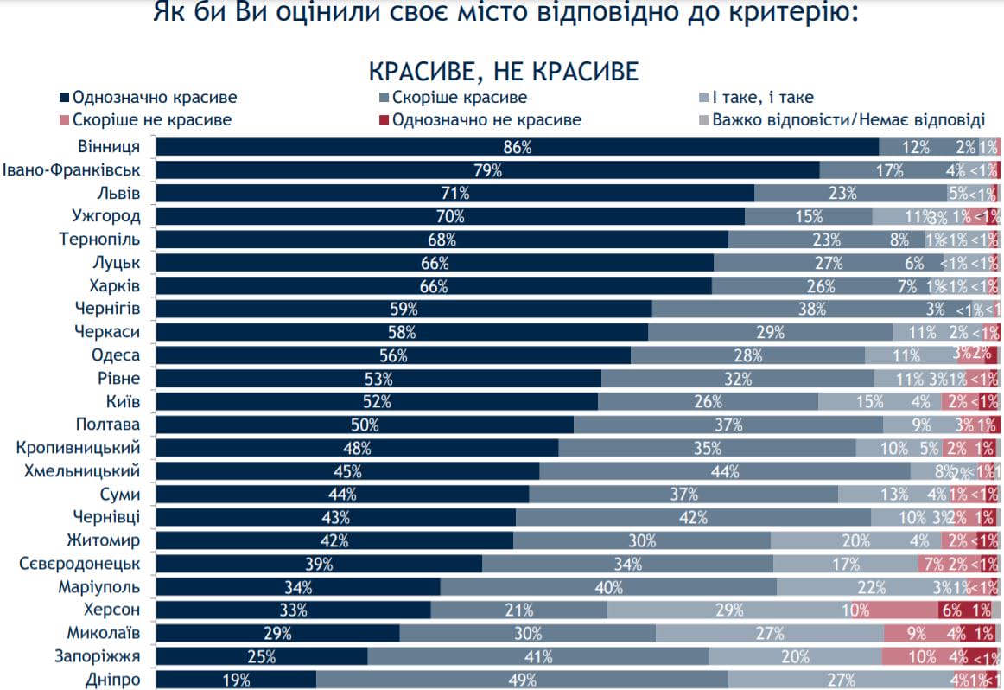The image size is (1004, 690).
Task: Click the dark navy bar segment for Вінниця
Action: (x=517, y=147)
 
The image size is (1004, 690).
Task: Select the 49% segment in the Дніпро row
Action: (x=522, y=680)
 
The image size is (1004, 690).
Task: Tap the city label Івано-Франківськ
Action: (x=72, y=170)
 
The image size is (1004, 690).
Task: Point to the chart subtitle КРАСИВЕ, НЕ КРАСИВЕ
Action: (x=504, y=70)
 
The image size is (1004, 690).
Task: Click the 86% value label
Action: (x=517, y=147)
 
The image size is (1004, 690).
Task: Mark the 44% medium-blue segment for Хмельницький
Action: (x=724, y=471)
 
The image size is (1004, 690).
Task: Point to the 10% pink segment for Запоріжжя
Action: (x=921, y=656)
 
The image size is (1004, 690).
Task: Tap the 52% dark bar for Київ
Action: (x=377, y=401)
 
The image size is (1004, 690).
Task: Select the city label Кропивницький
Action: (x=79, y=448)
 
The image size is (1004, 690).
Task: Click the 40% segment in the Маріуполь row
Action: (x=608, y=587)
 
